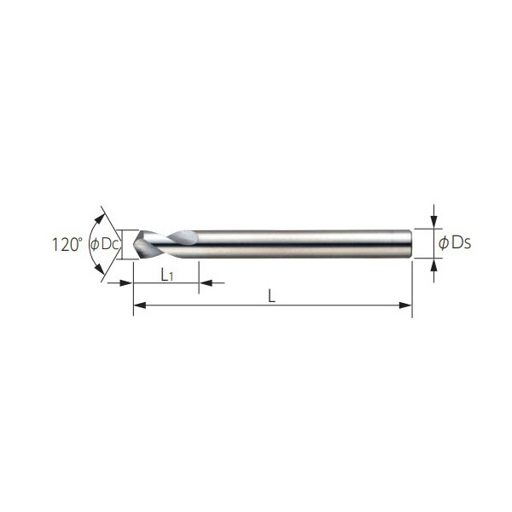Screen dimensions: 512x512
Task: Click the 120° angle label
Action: [66, 244]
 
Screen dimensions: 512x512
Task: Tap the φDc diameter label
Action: [104, 244]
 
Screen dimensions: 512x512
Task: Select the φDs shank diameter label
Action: [455, 243]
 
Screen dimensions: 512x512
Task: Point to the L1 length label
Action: [167, 276]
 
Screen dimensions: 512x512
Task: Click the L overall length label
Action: [271, 296]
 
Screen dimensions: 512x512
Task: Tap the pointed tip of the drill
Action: [134, 244]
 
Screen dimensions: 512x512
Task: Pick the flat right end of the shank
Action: [410, 244]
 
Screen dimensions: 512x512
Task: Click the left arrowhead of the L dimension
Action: [139, 305]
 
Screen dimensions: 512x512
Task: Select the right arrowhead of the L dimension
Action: [406, 305]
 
